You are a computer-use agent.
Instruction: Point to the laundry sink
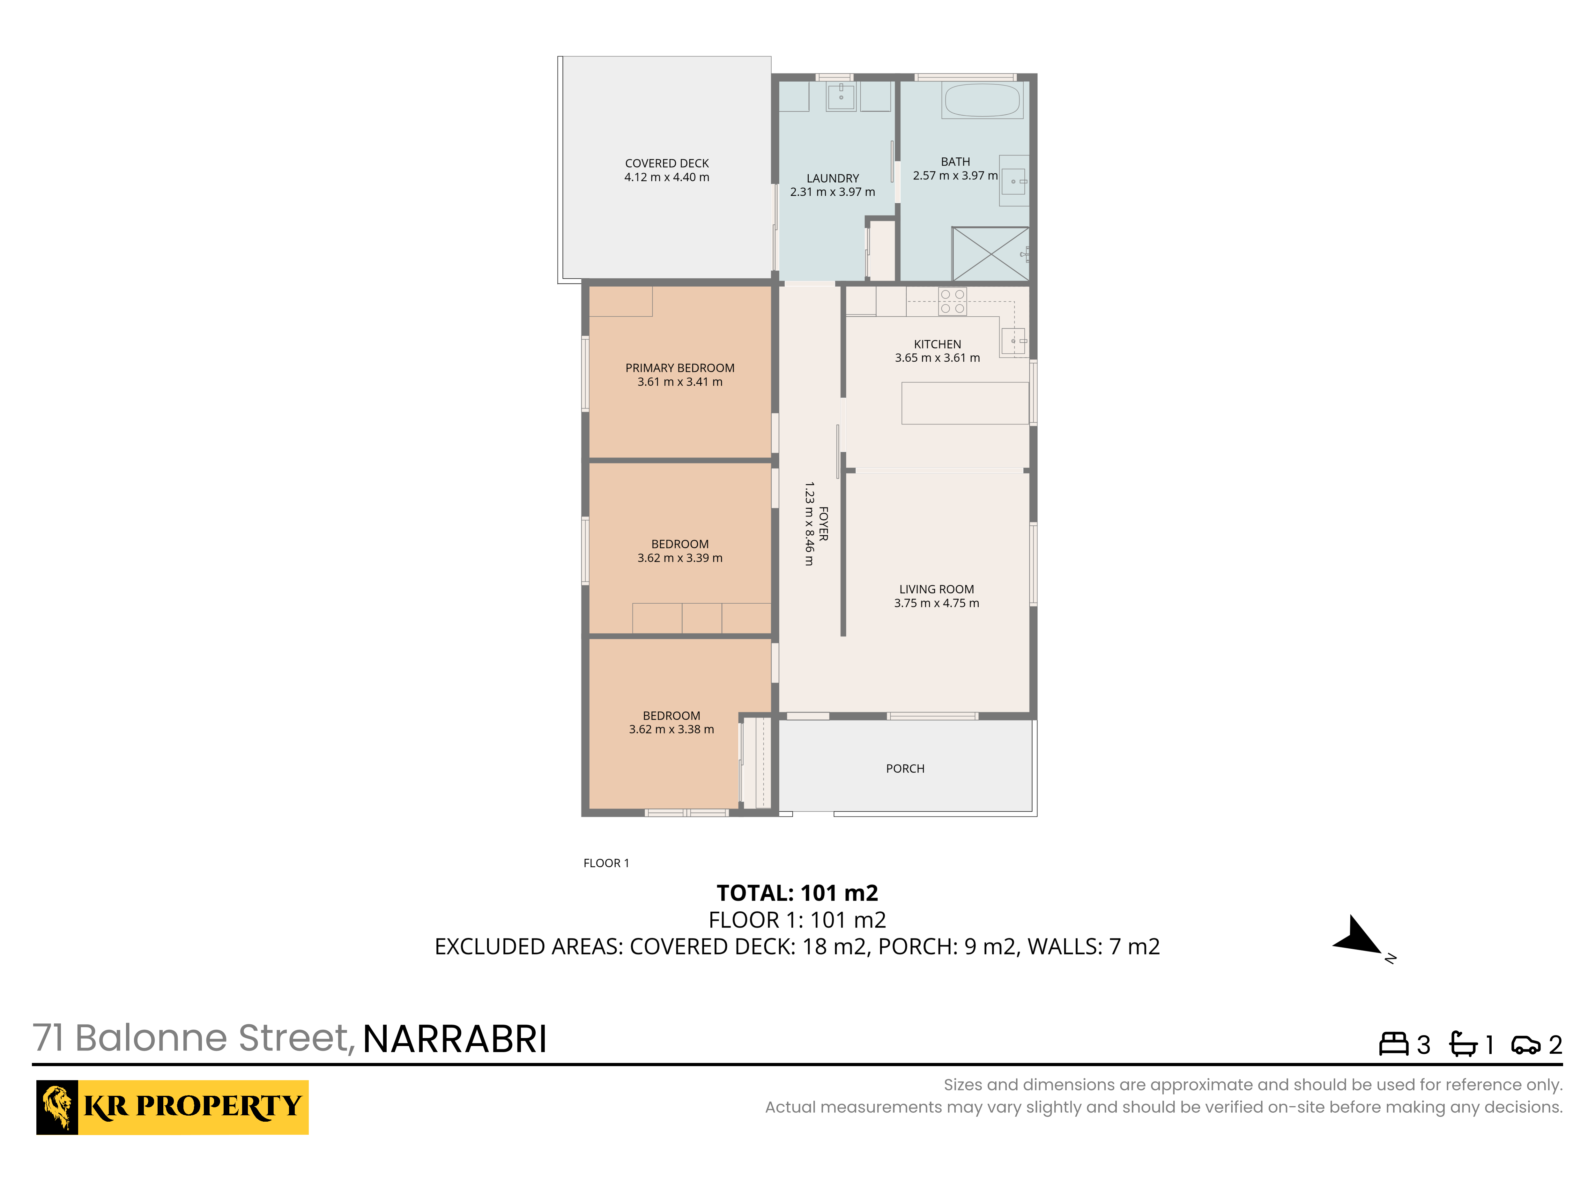841,96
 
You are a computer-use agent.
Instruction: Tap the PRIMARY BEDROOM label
679,368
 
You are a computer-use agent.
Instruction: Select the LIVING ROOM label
936,590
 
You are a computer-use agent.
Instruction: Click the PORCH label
905,768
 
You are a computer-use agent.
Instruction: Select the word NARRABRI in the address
454,1040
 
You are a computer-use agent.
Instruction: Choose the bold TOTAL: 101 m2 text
797,893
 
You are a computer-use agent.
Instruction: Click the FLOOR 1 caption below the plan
606,863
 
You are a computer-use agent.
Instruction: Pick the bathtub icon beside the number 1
1463,1044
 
